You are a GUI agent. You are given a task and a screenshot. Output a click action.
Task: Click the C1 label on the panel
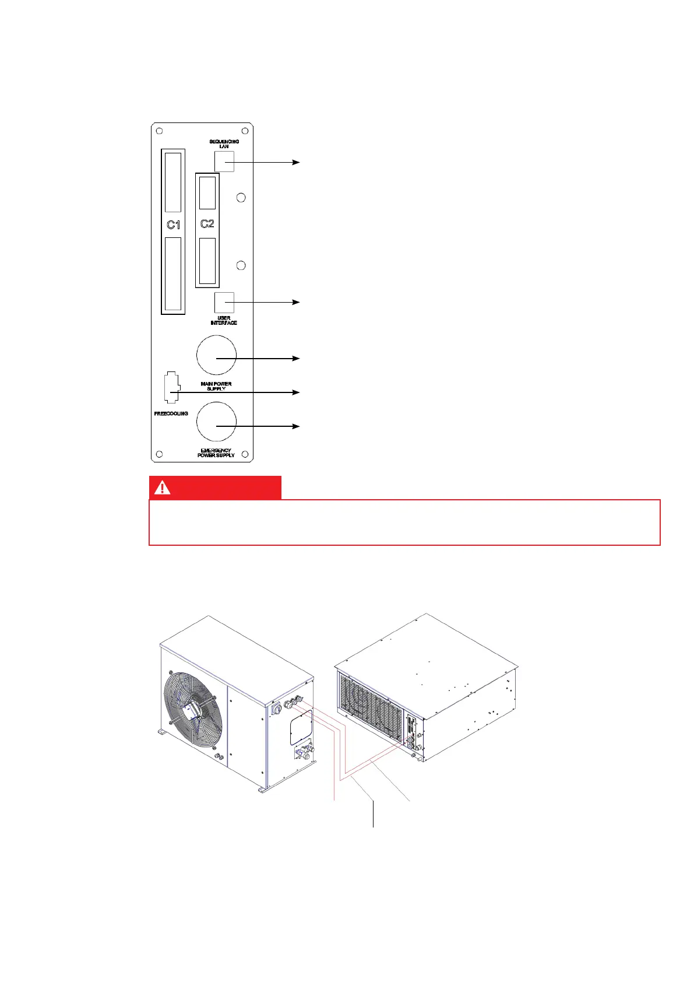pos(173,225)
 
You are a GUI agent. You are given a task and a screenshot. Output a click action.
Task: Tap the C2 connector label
pos(207,223)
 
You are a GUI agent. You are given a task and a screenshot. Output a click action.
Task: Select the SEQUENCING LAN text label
pos(224,144)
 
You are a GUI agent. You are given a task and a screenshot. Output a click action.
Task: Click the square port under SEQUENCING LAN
pos(224,162)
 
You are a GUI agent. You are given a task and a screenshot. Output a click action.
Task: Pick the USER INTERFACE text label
pos(224,321)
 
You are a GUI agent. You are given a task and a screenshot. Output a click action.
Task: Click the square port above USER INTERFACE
pos(224,303)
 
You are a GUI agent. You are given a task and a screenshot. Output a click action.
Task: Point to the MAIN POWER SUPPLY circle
pos(216,356)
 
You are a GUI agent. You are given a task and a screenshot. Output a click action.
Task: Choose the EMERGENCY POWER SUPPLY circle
pos(216,422)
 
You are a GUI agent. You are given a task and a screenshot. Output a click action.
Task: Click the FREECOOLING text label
pos(171,413)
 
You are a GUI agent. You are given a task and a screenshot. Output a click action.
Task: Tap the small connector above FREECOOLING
pos(171,387)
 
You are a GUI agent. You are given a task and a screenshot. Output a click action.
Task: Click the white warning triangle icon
pos(162,488)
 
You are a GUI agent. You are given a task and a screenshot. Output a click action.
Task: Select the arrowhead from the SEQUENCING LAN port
pos(296,162)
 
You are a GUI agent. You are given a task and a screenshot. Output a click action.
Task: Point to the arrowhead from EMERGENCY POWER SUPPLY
pos(296,427)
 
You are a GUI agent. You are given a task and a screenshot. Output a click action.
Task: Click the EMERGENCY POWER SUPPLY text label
pos(216,453)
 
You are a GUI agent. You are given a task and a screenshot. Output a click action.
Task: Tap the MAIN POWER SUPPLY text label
pos(216,386)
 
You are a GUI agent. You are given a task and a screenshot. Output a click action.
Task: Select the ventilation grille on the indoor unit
pos(371,705)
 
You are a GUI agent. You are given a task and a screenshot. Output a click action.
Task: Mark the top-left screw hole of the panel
pos(160,131)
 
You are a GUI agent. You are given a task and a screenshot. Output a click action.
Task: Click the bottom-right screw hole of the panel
pos(245,454)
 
